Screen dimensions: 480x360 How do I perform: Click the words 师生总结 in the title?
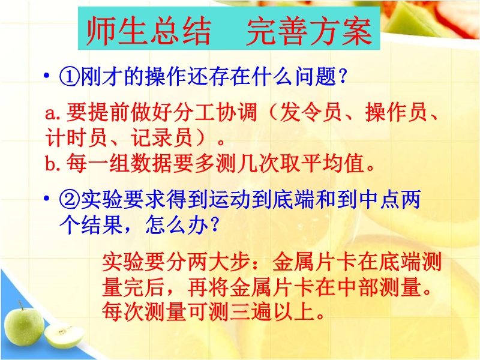click(149, 31)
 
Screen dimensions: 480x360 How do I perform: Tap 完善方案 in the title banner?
click(310, 31)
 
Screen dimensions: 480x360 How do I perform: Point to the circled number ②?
click(70, 200)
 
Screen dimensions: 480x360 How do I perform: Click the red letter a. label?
click(54, 114)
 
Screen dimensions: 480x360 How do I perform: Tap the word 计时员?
click(76, 137)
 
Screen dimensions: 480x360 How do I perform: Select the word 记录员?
click(161, 137)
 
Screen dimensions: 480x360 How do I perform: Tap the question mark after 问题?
click(343, 76)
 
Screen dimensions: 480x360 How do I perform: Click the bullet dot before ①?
click(47, 75)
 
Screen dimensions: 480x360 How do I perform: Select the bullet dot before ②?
click(47, 199)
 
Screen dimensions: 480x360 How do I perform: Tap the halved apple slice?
click(64, 336)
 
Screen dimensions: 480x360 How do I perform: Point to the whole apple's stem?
click(20, 305)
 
